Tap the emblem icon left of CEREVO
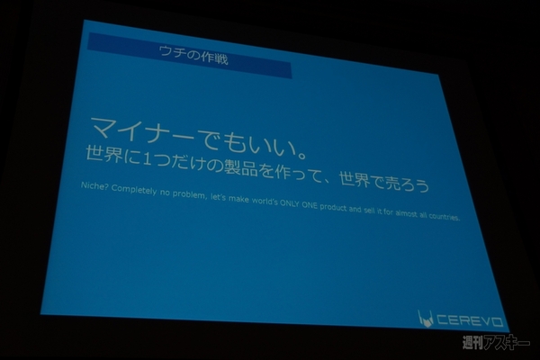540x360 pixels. pyautogui.click(x=425, y=317)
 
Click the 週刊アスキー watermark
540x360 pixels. pyautogui.click(x=495, y=343)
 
